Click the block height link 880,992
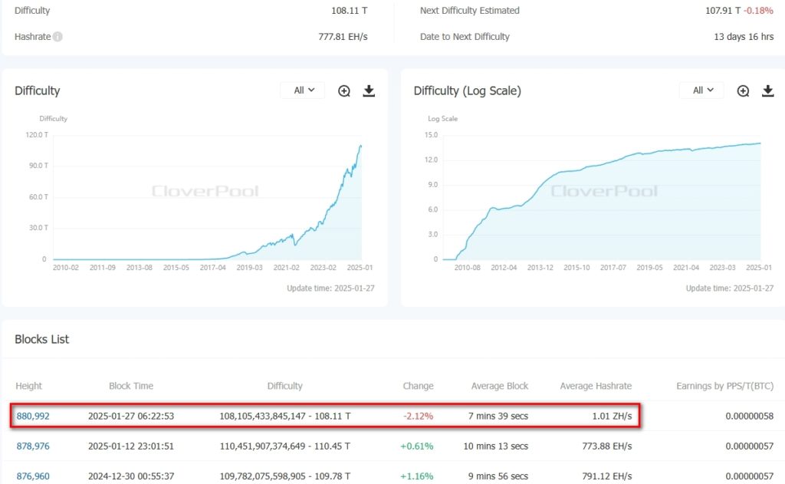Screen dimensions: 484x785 [33, 416]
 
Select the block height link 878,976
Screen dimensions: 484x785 [33, 446]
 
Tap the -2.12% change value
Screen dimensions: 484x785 [419, 416]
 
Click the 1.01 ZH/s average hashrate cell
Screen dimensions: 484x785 [612, 416]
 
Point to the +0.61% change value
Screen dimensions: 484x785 [418, 446]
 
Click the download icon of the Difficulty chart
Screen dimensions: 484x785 [369, 91]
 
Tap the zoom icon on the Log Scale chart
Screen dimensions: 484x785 [743, 91]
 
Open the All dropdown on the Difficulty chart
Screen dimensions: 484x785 [303, 91]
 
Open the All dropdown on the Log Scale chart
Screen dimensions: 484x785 [701, 91]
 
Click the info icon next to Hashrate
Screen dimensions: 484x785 [57, 37]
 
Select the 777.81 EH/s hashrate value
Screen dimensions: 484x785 [343, 37]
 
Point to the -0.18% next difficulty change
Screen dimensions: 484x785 [759, 11]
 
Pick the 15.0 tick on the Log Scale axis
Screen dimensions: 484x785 [431, 135]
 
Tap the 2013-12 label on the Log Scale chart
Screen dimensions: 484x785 [540, 268]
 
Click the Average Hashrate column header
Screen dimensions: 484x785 [596, 386]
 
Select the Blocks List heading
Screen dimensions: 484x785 [42, 339]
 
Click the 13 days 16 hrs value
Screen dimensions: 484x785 [744, 37]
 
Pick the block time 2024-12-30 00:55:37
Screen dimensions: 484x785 [131, 476]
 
